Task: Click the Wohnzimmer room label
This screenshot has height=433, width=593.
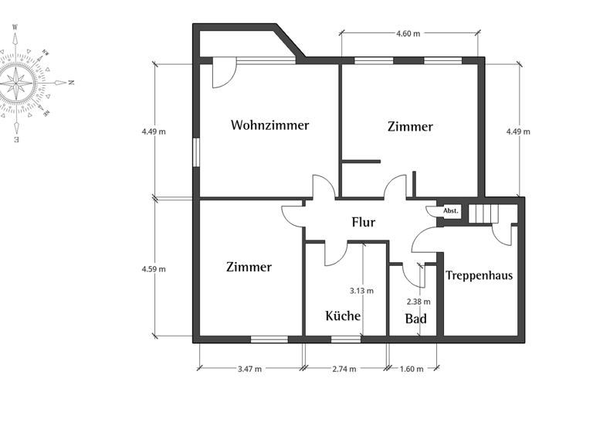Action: tap(269, 124)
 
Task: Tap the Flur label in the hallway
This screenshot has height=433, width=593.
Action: tap(363, 222)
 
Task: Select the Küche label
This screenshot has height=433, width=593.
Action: tap(343, 315)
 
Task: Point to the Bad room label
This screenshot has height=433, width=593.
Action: tap(415, 319)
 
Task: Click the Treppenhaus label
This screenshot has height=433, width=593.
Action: tap(479, 274)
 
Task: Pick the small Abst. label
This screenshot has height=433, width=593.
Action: tap(450, 210)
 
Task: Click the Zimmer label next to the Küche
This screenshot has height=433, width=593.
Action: tap(249, 267)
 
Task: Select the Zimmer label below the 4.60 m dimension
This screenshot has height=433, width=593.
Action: tap(410, 126)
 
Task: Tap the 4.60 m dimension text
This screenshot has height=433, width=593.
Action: tap(408, 34)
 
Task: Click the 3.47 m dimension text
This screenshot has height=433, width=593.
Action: tap(249, 369)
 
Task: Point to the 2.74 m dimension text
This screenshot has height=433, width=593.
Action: tap(344, 369)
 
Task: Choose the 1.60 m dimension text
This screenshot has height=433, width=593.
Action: tap(411, 369)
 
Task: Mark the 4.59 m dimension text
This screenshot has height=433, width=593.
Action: tap(154, 269)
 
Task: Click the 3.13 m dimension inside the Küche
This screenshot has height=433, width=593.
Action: tap(361, 291)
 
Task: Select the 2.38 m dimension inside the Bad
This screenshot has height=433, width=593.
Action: tap(418, 302)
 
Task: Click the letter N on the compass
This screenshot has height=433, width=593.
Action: tap(70, 82)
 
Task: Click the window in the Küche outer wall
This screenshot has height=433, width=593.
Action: tap(345, 339)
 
